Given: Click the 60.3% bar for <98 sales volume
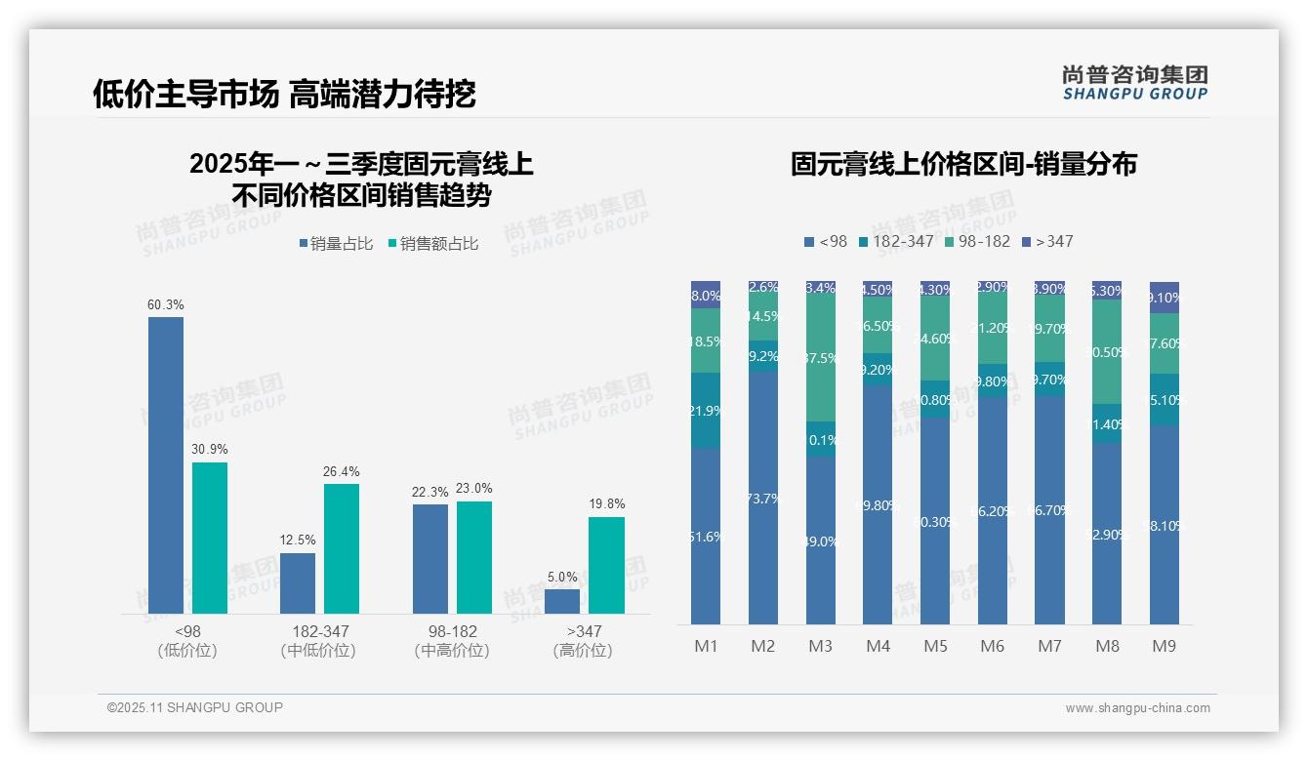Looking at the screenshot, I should [x=166, y=465].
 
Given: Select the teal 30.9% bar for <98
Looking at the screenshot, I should [x=210, y=538].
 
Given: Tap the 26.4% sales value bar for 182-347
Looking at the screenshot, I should [x=342, y=548].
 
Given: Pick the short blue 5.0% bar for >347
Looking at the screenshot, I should [x=562, y=601].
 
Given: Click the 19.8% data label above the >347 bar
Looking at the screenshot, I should [x=607, y=504].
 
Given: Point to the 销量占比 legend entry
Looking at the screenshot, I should [x=336, y=244].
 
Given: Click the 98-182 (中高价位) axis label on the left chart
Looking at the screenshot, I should [x=452, y=641].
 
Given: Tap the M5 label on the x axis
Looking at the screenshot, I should [x=935, y=647].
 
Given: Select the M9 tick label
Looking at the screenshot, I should [x=1165, y=647].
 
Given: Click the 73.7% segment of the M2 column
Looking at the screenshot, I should [x=763, y=498].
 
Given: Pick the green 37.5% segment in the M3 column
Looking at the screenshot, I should [x=821, y=357].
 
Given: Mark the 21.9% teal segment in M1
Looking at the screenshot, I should [x=706, y=411].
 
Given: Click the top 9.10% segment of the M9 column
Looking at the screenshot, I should [x=1165, y=298].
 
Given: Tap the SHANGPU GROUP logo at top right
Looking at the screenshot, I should [x=1134, y=82].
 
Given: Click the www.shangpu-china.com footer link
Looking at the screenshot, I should [x=1137, y=708].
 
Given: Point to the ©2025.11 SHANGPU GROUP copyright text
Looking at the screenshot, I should [x=195, y=708].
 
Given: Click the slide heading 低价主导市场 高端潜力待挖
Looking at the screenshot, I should [x=284, y=94].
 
